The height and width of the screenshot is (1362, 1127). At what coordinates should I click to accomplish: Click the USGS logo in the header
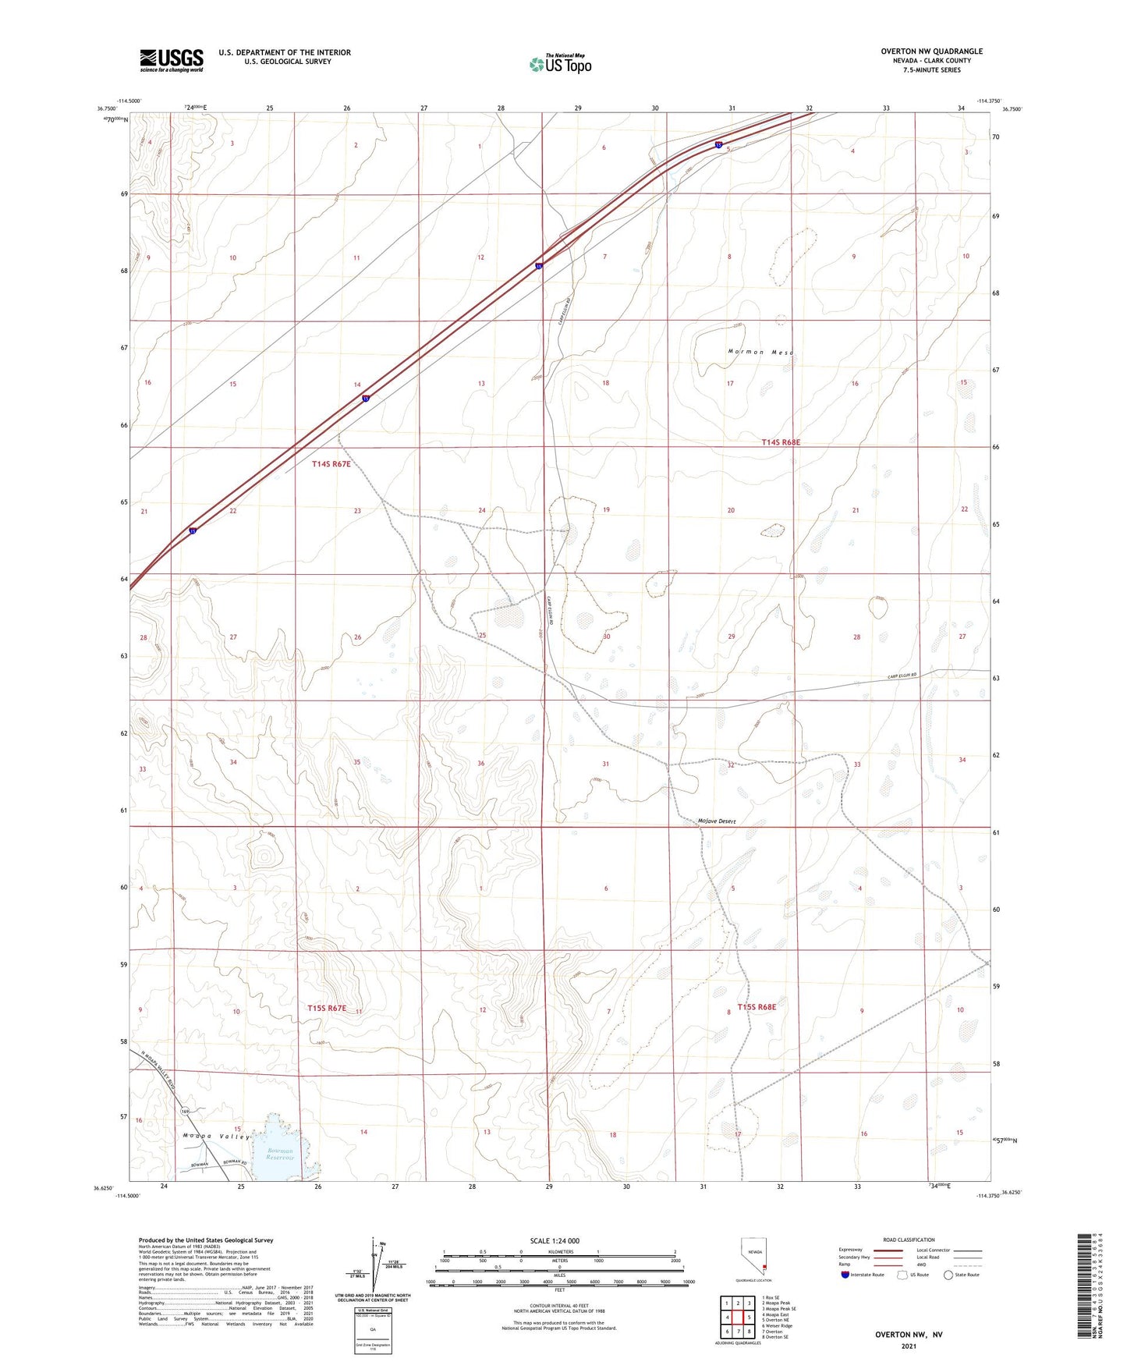172,60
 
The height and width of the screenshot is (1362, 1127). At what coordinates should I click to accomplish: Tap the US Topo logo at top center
560,64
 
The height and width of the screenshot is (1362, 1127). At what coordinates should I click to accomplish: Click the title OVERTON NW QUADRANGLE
931,51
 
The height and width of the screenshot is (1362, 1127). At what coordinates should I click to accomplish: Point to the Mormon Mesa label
760,352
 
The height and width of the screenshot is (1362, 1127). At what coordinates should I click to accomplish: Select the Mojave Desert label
717,821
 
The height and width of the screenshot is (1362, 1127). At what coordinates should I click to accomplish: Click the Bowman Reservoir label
279,1154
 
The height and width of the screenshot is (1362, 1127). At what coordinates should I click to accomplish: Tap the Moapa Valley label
216,1136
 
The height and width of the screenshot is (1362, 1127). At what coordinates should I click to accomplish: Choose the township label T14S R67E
331,464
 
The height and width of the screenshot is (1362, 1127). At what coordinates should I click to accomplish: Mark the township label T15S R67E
327,1008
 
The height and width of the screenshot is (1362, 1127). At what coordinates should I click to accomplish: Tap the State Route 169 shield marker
185,1112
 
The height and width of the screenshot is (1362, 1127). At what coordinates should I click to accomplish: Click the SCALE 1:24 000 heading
555,1241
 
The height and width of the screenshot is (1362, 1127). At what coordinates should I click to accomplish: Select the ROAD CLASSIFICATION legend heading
909,1240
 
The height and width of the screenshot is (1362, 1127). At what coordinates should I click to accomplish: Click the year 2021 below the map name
909,1346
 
